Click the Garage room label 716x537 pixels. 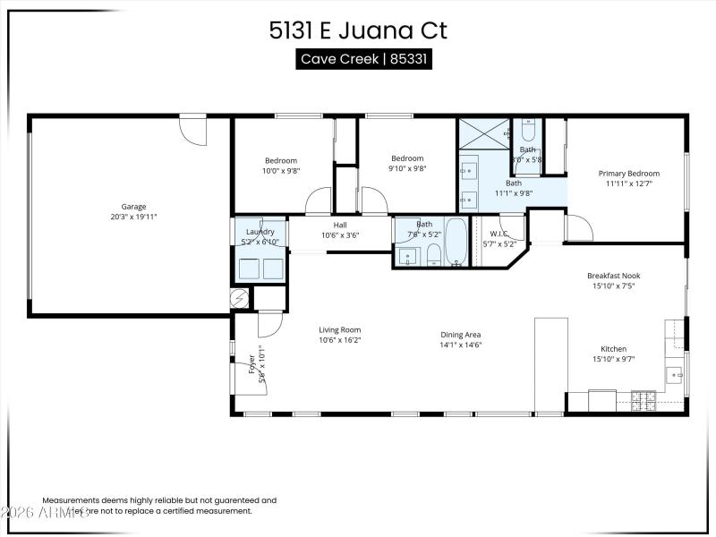[133, 207]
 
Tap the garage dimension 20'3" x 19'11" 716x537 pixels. [133, 217]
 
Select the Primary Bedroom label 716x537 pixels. [628, 174]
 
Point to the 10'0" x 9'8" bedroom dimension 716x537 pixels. [280, 170]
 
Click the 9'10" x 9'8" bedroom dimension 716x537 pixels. [406, 168]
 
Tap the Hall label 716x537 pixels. [340, 226]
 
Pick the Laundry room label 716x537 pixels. [260, 232]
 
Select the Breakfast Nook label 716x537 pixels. [613, 276]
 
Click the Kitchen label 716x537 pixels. [613, 349]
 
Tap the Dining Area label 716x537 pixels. [461, 335]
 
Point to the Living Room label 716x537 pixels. [340, 329]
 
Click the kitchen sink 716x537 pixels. [674, 373]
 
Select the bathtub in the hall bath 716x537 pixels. [456, 243]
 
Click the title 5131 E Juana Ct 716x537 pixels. [358, 30]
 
